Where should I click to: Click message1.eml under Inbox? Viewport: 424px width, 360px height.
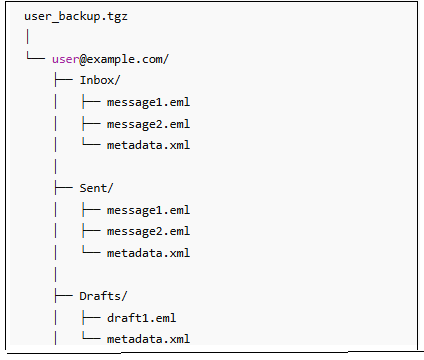point(148,102)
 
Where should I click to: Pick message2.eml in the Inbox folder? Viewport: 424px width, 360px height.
point(148,123)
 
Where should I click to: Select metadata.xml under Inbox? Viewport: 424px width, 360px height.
point(148,145)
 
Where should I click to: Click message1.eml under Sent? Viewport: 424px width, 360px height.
point(148,209)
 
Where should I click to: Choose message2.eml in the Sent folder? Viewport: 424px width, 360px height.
point(148,231)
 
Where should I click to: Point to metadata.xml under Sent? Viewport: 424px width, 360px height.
point(148,252)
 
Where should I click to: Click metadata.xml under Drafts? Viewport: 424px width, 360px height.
point(148,339)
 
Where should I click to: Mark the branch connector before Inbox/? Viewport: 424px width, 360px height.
point(63,80)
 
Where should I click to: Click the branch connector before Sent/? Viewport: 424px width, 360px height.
point(63,188)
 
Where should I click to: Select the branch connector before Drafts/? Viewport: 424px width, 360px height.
point(63,295)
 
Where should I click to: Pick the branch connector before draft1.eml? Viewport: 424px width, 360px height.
point(91,317)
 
